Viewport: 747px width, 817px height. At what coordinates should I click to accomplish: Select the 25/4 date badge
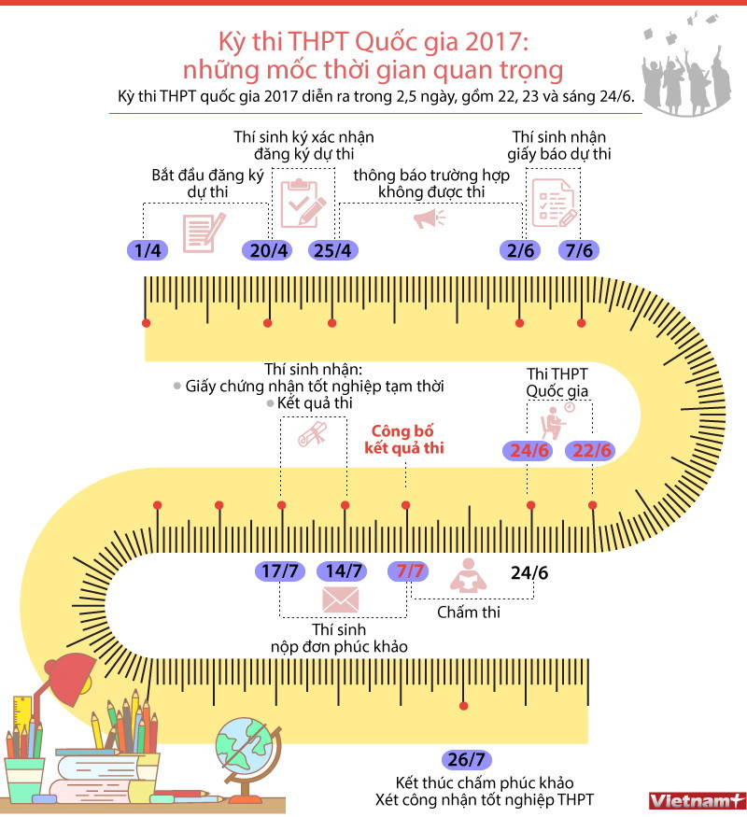point(332,250)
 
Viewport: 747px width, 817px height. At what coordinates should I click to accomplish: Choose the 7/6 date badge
point(580,250)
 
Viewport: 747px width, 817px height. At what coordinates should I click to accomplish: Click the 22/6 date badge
point(592,451)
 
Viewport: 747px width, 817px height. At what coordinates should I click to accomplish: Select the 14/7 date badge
point(342,570)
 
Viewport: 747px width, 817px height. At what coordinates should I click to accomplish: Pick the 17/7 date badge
point(279,570)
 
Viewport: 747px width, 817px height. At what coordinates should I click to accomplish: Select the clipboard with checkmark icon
point(301,199)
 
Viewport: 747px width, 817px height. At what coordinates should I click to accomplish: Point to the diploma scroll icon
point(312,434)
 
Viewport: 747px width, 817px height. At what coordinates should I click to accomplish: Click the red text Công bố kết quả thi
point(404,440)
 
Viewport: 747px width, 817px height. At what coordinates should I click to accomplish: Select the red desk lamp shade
point(71,670)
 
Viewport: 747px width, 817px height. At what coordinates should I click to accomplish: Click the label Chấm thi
point(469,613)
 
